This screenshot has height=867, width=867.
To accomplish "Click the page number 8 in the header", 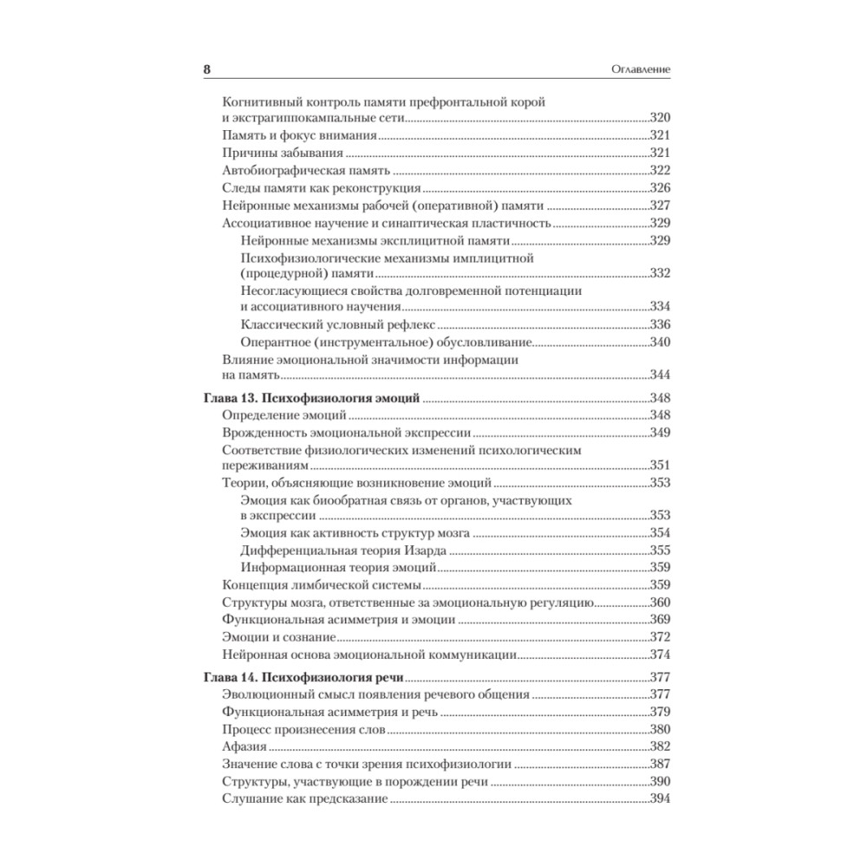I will pyautogui.click(x=206, y=69).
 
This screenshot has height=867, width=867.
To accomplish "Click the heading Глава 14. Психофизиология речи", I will pyautogui.click(x=303, y=678).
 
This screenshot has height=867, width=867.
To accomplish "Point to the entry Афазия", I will pyautogui.click(x=244, y=746).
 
